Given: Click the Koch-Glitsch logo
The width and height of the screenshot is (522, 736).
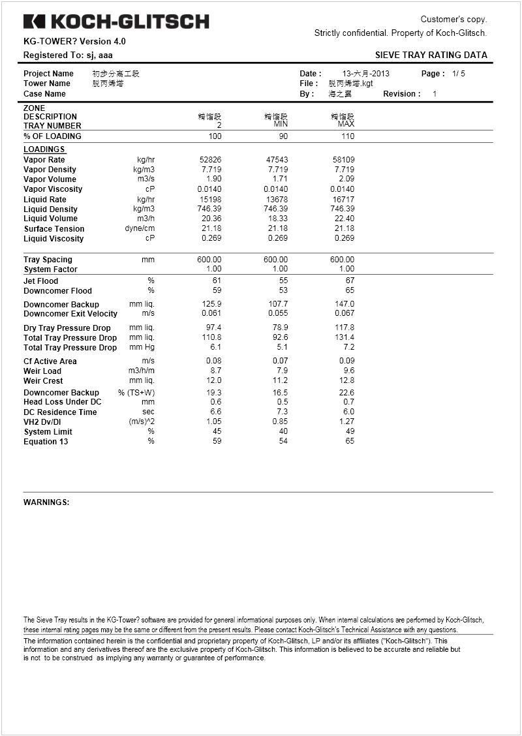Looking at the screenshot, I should coord(116,22).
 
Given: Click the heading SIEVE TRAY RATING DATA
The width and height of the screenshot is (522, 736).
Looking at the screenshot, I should coord(431,55).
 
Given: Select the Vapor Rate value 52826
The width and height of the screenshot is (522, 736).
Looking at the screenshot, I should coord(210,160).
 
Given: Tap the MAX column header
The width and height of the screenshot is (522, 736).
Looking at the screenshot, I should coord(346,124).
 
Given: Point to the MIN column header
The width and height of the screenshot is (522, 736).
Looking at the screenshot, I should coord(281,124).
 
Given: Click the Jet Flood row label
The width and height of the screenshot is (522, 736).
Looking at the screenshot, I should coord(41,281).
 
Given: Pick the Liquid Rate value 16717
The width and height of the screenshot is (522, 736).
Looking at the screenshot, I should coord(343,199).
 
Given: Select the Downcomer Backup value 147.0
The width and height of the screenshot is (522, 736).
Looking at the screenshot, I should coord(344,304).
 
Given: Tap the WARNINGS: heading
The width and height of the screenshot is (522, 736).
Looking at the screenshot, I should coord(46,502).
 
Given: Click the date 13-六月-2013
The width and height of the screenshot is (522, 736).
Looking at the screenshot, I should coord(366,74).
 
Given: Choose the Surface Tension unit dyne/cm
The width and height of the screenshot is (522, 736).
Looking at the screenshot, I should coord(140,228).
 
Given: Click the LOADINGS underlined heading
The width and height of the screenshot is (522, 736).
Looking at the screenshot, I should coord(44,149).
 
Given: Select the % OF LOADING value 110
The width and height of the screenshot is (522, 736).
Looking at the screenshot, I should coord(348,136).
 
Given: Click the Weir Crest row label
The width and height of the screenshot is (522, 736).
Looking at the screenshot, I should coord(43,380).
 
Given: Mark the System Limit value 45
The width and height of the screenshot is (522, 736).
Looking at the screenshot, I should coord(217,432).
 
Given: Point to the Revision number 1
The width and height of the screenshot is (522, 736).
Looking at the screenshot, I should coord(435,94).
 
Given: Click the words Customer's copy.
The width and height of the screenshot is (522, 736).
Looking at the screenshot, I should coord(453,20).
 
